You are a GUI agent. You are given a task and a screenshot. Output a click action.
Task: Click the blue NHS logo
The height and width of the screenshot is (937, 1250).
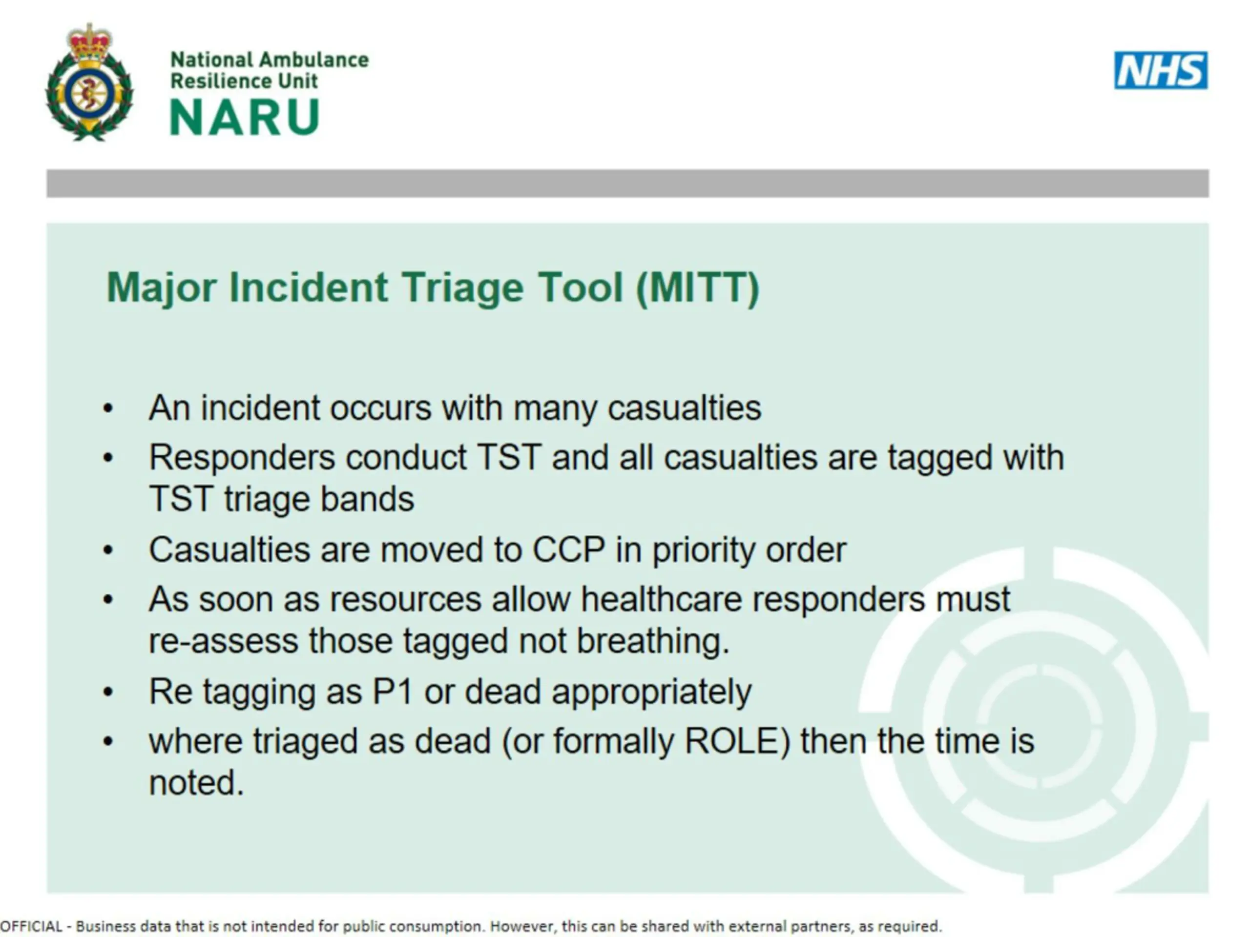[x=1161, y=70]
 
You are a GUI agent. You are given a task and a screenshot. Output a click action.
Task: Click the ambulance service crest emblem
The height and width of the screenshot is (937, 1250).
[x=89, y=82]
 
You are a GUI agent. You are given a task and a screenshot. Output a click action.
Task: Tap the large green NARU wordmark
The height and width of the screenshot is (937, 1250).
[x=245, y=117]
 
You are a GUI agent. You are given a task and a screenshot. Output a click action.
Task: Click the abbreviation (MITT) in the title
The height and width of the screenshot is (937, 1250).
[x=698, y=288]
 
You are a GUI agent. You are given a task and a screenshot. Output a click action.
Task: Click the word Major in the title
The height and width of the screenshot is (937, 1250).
[x=162, y=288]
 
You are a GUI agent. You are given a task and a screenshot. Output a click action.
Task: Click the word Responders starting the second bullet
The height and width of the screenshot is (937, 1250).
[x=242, y=457]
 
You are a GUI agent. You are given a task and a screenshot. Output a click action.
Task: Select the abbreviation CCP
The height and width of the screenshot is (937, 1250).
[x=568, y=549]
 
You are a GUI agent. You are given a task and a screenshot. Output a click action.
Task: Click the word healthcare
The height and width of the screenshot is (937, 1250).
[x=661, y=599]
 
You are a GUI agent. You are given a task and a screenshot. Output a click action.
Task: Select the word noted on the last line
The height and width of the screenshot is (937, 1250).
[x=196, y=783]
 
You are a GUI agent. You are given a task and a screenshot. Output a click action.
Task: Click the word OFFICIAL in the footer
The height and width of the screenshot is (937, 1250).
[x=31, y=926]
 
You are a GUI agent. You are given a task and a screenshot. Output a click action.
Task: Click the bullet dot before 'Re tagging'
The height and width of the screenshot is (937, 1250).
[x=108, y=692]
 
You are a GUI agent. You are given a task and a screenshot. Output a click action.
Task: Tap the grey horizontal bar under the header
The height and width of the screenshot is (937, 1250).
[x=627, y=183]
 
